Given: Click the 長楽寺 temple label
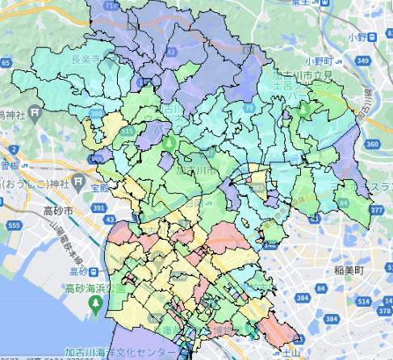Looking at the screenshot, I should [x=86, y=59].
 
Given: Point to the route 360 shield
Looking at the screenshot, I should [x=371, y=144].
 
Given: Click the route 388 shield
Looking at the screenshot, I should [x=98, y=115].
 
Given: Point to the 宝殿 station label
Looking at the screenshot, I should [x=98, y=187].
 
